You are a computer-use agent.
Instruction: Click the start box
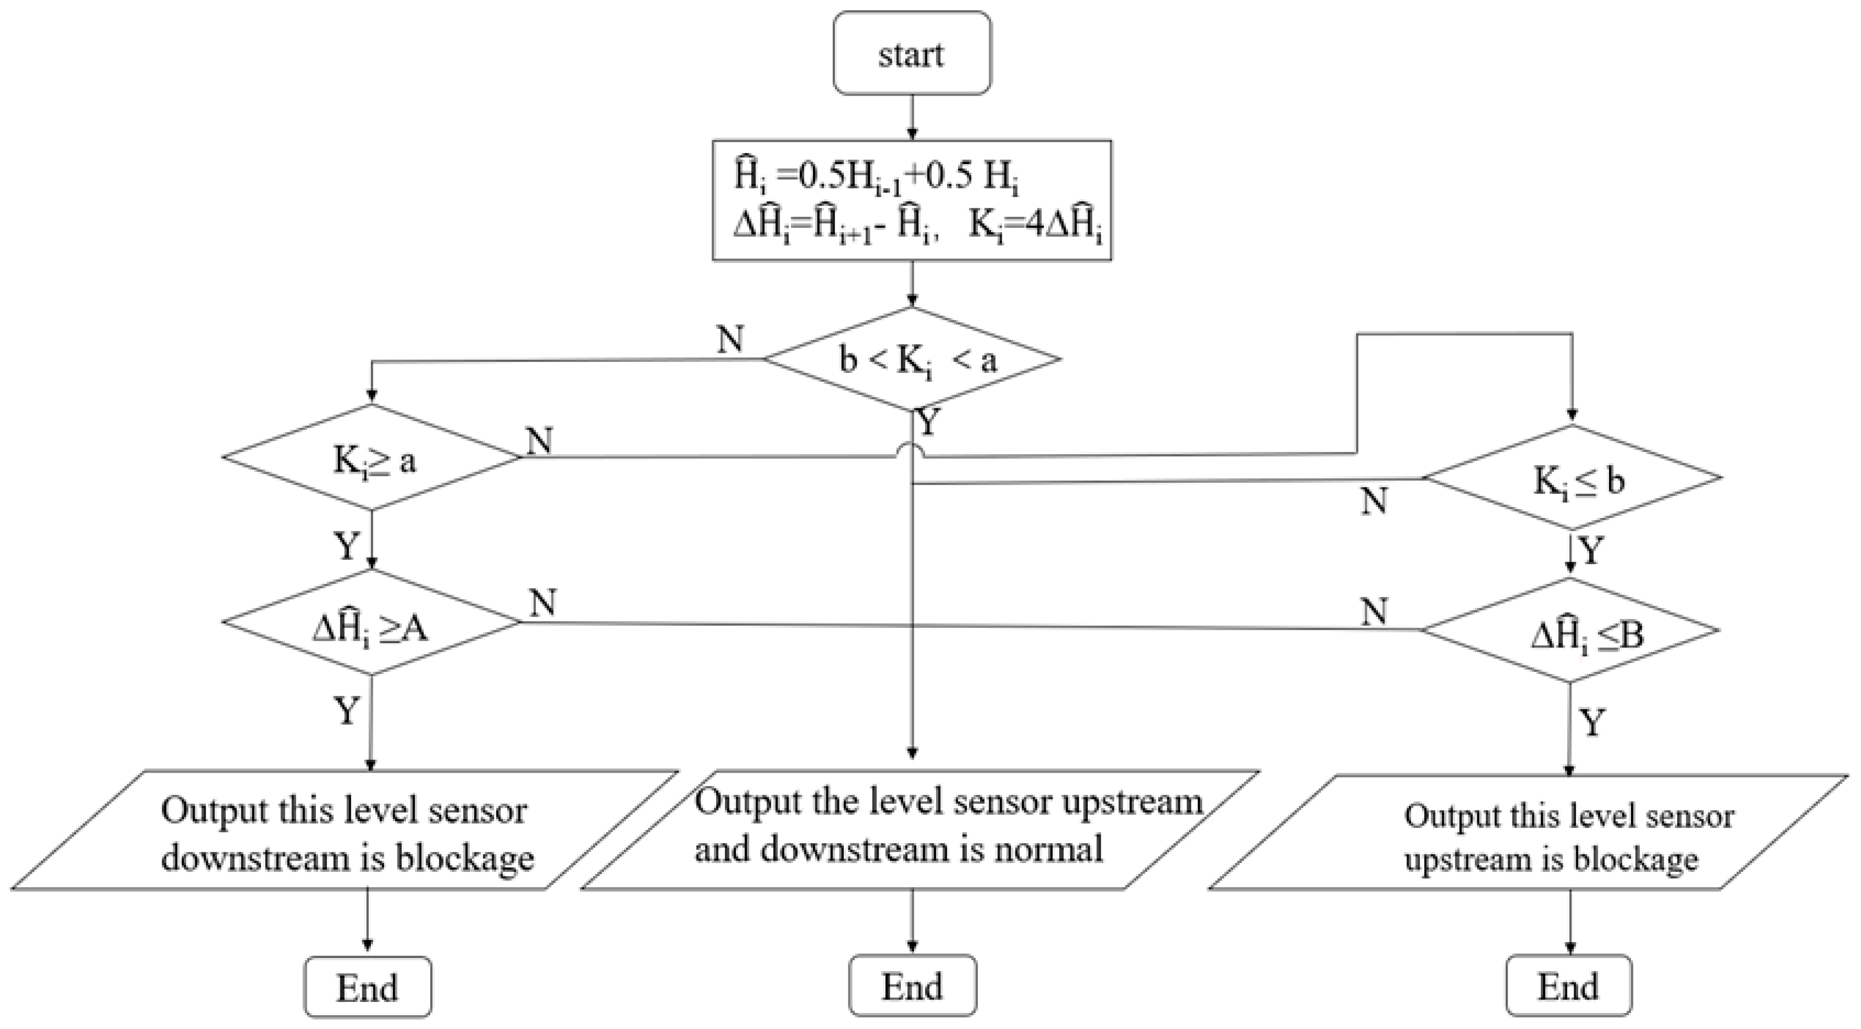coord(912,53)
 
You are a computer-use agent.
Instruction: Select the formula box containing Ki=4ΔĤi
coord(912,200)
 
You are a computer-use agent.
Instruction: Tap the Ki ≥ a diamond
coord(371,457)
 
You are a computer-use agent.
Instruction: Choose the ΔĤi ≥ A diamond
coord(371,623)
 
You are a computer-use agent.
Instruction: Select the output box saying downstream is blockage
coord(345,830)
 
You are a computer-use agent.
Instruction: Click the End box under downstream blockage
coord(368,986)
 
